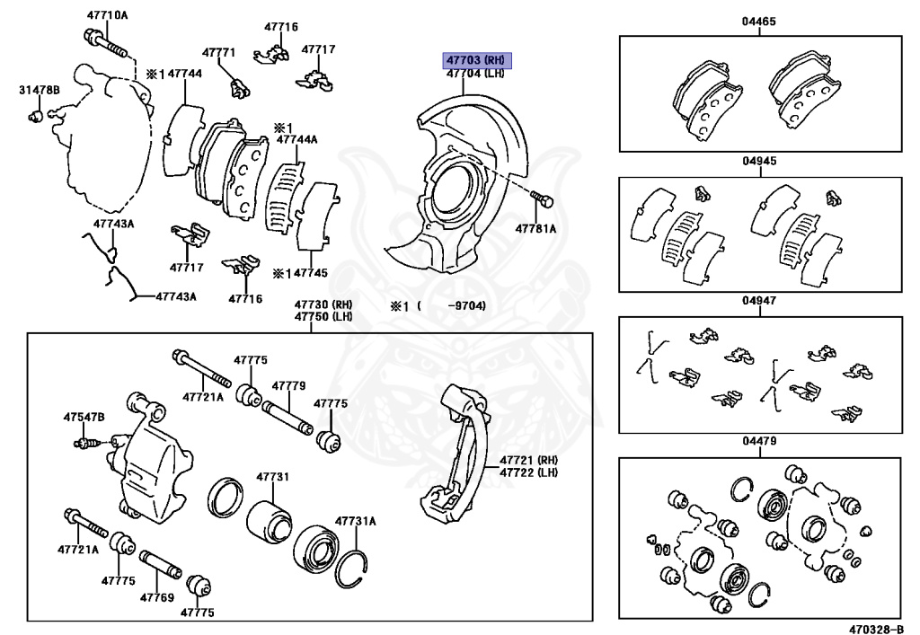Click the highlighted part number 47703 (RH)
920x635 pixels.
coord(475,60)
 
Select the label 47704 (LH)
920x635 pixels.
coord(475,74)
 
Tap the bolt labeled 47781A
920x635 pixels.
coord(542,198)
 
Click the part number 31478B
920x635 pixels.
coord(40,90)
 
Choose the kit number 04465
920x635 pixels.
coord(759,21)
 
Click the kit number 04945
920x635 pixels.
coord(759,162)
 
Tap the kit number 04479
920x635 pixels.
coord(759,441)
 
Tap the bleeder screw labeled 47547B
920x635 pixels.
coord(86,442)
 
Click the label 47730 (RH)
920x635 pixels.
coord(323,304)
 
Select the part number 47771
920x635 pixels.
coord(218,52)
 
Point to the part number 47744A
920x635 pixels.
coord(296,139)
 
